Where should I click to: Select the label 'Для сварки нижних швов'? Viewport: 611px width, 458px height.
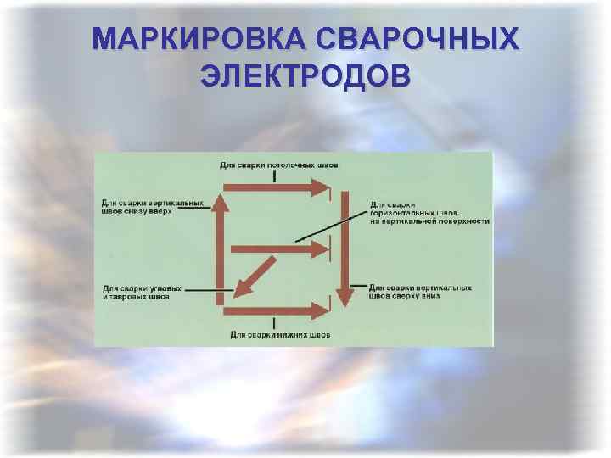click(x=280, y=335)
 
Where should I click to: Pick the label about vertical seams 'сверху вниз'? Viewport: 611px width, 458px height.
click(x=421, y=292)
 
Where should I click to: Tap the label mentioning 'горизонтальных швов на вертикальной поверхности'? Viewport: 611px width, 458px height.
click(x=429, y=212)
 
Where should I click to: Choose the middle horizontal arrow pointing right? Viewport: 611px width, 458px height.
click(x=280, y=249)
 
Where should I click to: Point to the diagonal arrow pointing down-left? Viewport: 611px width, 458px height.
click(x=260, y=276)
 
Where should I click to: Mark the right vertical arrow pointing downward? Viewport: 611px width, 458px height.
click(x=344, y=246)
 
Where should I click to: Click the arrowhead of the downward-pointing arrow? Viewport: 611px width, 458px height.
click(x=344, y=298)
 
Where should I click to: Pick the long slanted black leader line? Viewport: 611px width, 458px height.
click(x=331, y=225)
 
